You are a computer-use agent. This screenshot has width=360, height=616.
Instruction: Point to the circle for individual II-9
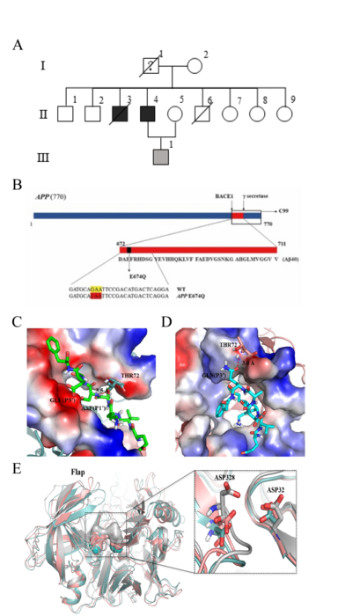click(x=284, y=114)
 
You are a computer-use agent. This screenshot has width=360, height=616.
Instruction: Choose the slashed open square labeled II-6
click(x=202, y=114)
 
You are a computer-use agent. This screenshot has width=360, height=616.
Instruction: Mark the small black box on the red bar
click(x=129, y=251)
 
